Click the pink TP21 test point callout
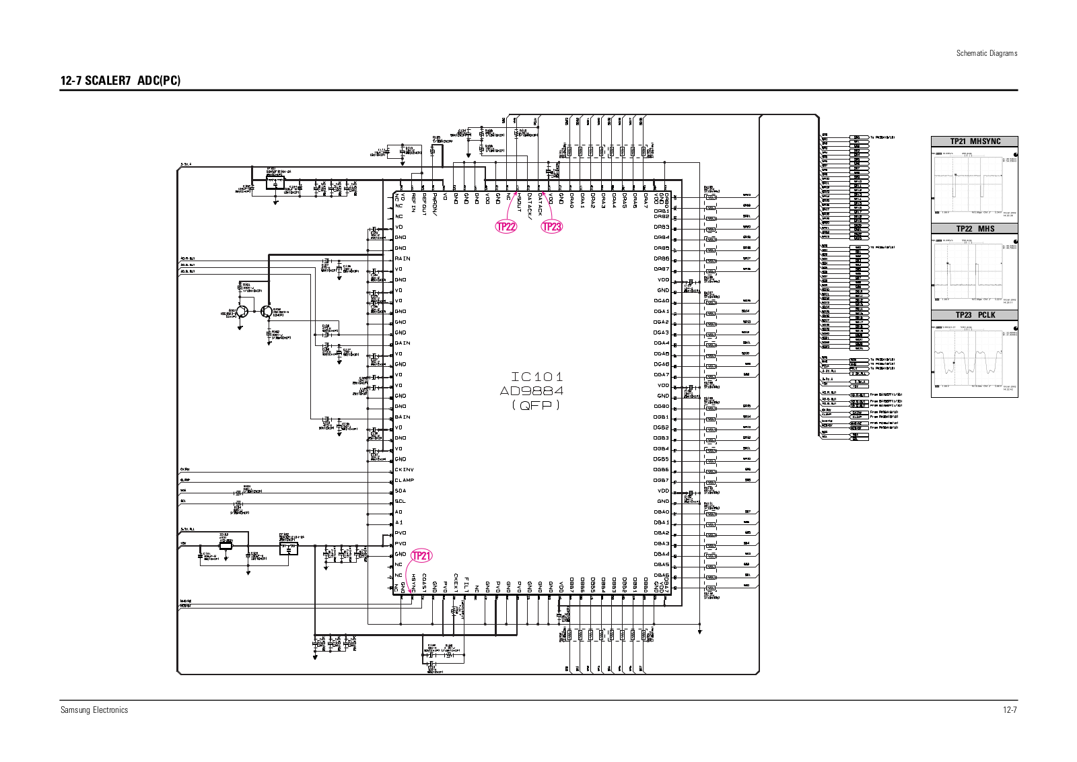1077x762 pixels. click(x=421, y=555)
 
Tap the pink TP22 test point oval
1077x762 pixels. click(x=506, y=226)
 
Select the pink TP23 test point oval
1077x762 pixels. click(x=552, y=226)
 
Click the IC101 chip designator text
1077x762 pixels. click(x=536, y=377)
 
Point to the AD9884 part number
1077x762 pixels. click(x=532, y=391)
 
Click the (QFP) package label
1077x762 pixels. click(x=536, y=405)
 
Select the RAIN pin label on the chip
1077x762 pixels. click(x=403, y=258)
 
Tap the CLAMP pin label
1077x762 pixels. click(x=405, y=480)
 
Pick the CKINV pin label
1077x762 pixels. click(x=405, y=469)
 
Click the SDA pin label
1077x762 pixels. click(x=401, y=491)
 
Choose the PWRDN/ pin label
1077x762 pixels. click(x=435, y=205)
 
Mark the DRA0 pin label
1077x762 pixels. click(x=572, y=201)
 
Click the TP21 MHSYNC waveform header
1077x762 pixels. click(x=975, y=141)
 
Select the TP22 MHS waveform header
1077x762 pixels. click(x=975, y=229)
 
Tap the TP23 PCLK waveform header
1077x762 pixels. click(x=975, y=315)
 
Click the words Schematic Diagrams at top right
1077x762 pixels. click(x=987, y=53)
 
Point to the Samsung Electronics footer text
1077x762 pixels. click(x=94, y=709)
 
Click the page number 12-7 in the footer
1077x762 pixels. click(x=1009, y=709)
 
